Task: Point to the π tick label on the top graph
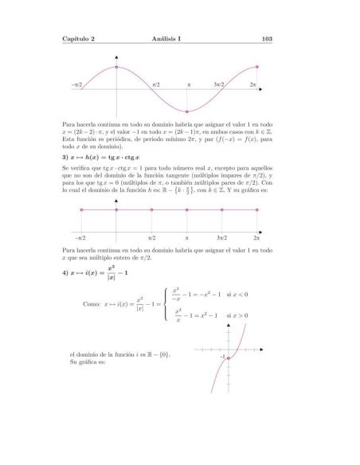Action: [189, 84]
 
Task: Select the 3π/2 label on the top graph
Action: [219, 84]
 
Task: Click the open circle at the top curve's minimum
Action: [187, 111]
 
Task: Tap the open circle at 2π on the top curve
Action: [257, 67]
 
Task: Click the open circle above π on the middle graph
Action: [187, 210]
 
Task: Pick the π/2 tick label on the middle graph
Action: [152, 238]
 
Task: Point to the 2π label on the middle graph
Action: [256, 238]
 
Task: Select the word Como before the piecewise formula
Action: [91, 303]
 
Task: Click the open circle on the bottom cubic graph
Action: [229, 359]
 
